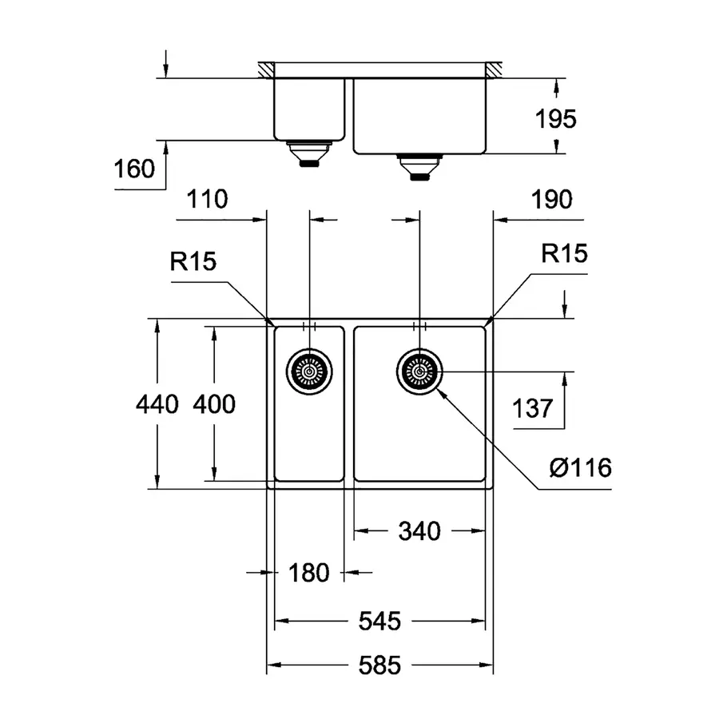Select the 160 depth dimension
(134, 170)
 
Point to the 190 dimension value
(550, 199)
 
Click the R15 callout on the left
(193, 262)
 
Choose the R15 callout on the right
(564, 255)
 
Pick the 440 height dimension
(157, 405)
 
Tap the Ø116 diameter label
(581, 467)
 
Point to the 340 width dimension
(419, 530)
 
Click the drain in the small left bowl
(308, 370)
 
